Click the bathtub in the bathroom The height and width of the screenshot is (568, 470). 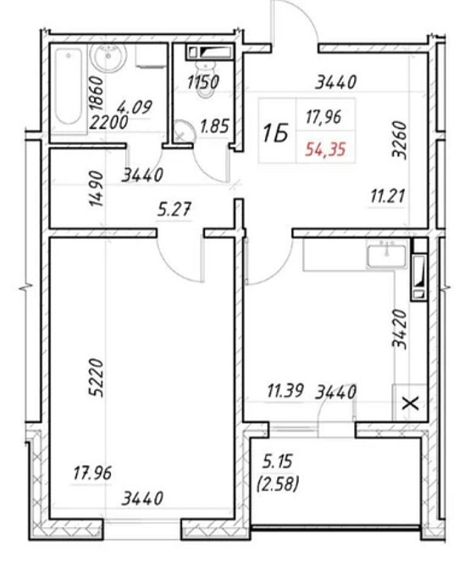[69, 87]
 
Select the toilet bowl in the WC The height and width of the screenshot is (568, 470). [205, 79]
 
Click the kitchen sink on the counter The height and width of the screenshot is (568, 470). [386, 256]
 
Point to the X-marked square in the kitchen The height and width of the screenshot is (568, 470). [411, 403]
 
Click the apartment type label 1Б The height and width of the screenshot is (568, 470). [276, 133]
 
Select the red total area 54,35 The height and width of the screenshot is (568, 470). [325, 149]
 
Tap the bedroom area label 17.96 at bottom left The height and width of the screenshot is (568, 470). [92, 473]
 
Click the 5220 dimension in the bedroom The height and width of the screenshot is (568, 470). [97, 378]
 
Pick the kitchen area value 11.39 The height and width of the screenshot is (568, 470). [285, 391]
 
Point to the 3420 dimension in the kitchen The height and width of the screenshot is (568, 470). [400, 329]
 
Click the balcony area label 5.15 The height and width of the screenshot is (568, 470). [278, 462]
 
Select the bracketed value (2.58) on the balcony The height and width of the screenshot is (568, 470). [278, 483]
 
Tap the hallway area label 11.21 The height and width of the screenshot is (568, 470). [388, 197]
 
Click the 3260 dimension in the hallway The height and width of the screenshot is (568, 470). [400, 140]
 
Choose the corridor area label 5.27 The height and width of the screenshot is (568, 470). [174, 209]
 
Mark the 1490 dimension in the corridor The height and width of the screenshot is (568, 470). [97, 188]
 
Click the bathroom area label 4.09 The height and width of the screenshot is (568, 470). [135, 107]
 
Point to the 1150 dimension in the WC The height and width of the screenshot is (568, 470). [203, 82]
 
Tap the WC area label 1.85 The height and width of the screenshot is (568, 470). [215, 126]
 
